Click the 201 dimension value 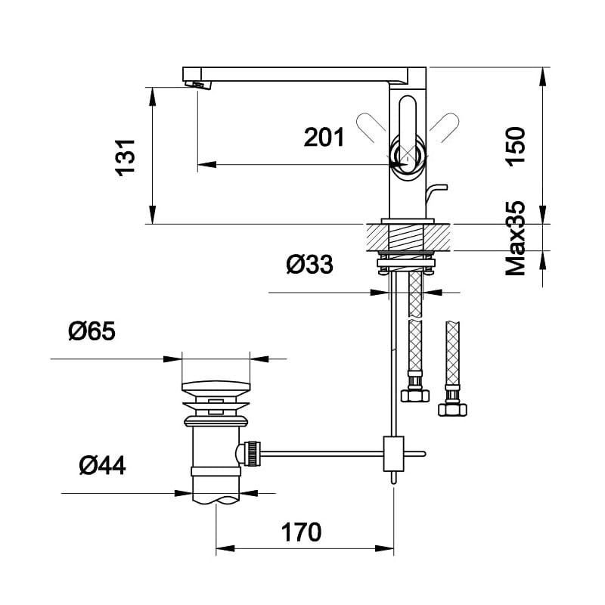324,138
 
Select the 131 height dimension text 126,158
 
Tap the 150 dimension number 516,147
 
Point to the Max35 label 516,238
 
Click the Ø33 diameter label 309,264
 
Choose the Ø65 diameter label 92,331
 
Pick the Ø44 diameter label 102,465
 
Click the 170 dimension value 301,532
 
